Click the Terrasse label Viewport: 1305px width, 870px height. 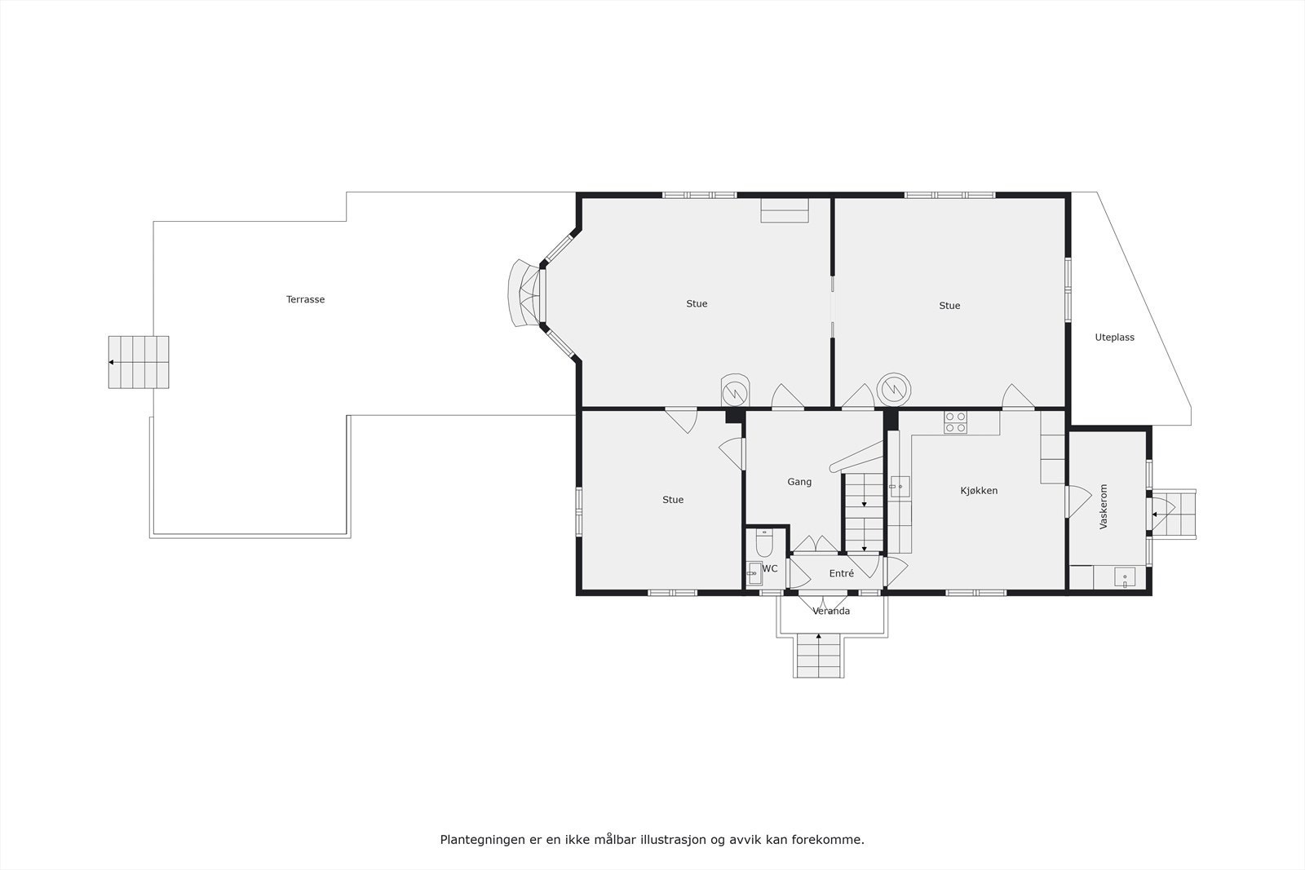[305, 299]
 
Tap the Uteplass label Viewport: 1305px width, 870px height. [1114, 338]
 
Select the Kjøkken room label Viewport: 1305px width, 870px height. [979, 491]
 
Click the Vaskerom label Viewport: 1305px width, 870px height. [1104, 507]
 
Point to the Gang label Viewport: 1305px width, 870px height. [799, 482]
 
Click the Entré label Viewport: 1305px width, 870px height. [841, 574]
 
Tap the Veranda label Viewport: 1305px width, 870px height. [831, 611]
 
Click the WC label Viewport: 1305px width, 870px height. [771, 568]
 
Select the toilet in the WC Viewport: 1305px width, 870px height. [763, 541]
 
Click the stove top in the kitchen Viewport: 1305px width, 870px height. [956, 422]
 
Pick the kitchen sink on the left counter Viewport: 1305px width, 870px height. [899, 487]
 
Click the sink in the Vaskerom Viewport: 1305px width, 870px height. [1126, 577]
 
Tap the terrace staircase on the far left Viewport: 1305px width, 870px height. [139, 362]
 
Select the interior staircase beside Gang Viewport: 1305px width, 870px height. [864, 514]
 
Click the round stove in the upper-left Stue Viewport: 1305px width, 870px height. [736, 391]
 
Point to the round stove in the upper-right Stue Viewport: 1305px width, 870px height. [893, 388]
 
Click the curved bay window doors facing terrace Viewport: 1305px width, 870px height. [524, 294]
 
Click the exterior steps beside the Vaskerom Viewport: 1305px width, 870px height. [1174, 513]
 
